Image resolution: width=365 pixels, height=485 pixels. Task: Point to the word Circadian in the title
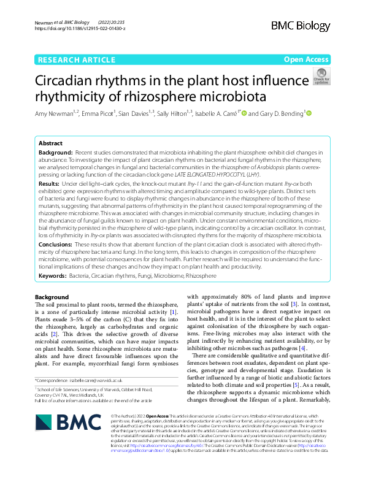coord(65,81)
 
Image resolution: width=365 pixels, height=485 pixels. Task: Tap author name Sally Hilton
coord(173,113)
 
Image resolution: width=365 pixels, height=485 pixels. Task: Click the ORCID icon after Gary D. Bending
coord(309,113)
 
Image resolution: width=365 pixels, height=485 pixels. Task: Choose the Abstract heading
coord(50,142)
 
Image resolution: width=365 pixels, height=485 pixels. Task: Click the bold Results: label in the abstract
coord(49,183)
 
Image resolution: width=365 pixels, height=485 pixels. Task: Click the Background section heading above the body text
coord(52,297)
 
